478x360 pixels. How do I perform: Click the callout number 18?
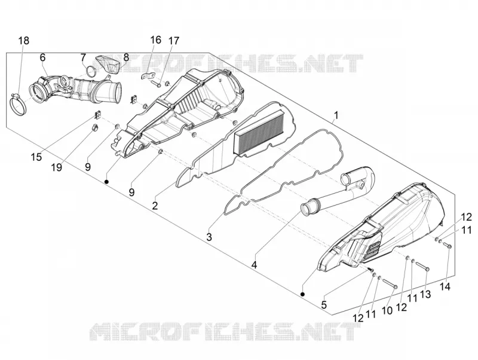(x=24, y=40)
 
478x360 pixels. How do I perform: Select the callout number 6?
(x=42, y=57)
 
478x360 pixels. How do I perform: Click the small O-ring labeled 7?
(x=91, y=71)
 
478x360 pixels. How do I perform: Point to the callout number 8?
(x=126, y=57)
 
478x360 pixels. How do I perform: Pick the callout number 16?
(x=155, y=39)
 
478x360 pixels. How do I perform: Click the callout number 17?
(x=174, y=41)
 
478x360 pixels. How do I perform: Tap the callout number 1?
(x=336, y=115)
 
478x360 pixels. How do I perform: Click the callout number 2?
(x=155, y=206)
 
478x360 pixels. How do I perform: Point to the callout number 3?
(x=209, y=237)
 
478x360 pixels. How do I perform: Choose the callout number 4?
(x=254, y=264)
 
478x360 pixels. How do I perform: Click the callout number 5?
(x=324, y=304)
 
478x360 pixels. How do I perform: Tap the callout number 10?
(x=387, y=310)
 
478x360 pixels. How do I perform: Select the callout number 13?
(x=425, y=294)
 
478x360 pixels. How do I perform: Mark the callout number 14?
(x=445, y=287)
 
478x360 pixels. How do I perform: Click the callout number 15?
(x=36, y=157)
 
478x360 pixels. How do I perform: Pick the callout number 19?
(x=57, y=167)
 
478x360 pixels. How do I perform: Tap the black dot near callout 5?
(x=302, y=294)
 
